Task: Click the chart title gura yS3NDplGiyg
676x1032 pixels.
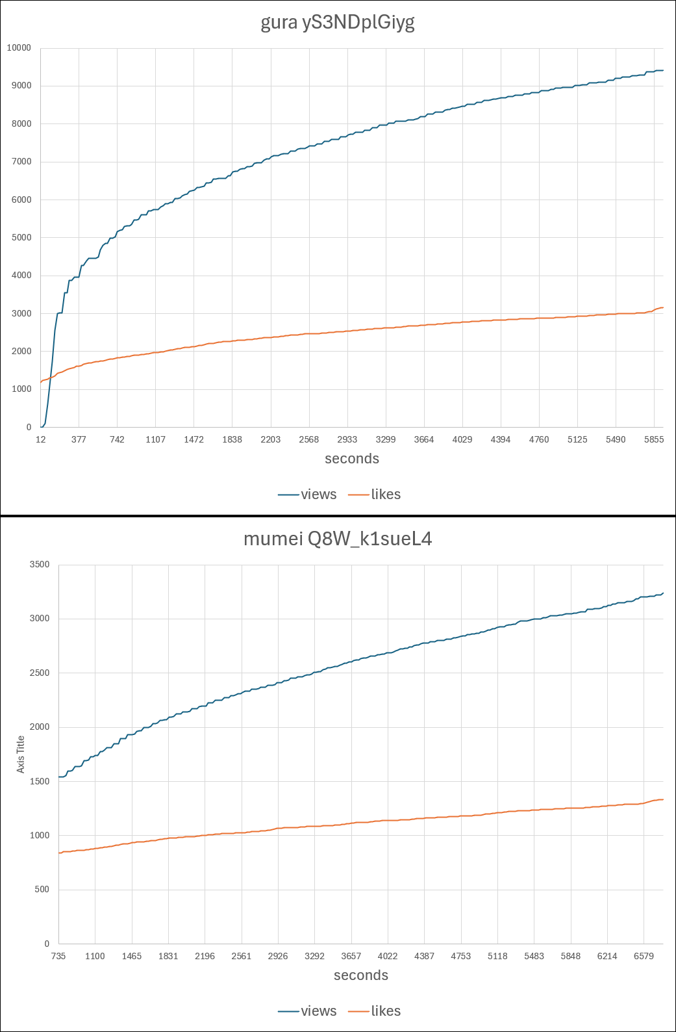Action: coord(338,23)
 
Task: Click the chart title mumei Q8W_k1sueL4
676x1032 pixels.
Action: coord(338,539)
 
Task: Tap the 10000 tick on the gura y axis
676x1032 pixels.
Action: coord(19,48)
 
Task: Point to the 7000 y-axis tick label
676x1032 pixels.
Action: coord(21,162)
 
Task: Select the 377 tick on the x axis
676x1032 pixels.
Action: coord(79,439)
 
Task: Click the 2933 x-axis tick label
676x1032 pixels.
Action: coord(347,439)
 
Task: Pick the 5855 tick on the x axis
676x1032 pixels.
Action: coord(654,439)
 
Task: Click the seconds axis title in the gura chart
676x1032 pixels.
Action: coord(352,459)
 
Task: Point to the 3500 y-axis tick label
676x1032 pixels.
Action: coord(40,565)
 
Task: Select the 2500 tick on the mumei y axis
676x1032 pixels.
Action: coord(40,673)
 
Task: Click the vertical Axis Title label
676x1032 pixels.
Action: coord(21,754)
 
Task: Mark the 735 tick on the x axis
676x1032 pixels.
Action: coord(58,956)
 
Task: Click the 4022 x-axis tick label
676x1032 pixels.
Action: coord(388,956)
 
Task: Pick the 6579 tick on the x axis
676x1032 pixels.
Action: coord(644,956)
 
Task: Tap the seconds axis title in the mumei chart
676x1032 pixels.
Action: coord(361,975)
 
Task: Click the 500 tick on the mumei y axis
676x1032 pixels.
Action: coord(42,890)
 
